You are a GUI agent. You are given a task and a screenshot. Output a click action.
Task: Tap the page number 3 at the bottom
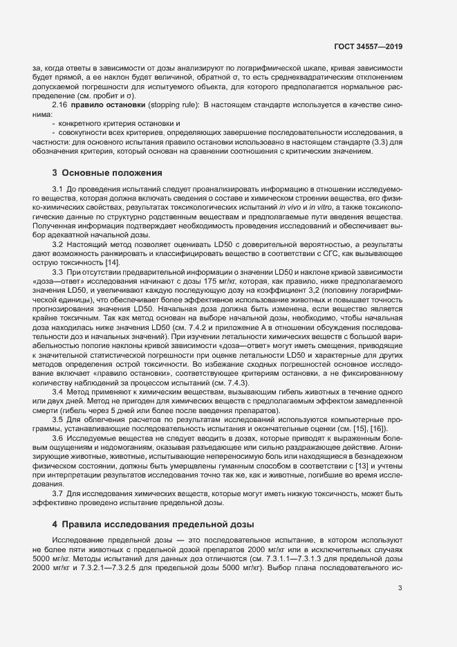[x=400, y=588]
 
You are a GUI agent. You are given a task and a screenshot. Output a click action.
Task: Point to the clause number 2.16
[x=59, y=105]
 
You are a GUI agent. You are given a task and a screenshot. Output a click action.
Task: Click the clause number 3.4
[x=59, y=392]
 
